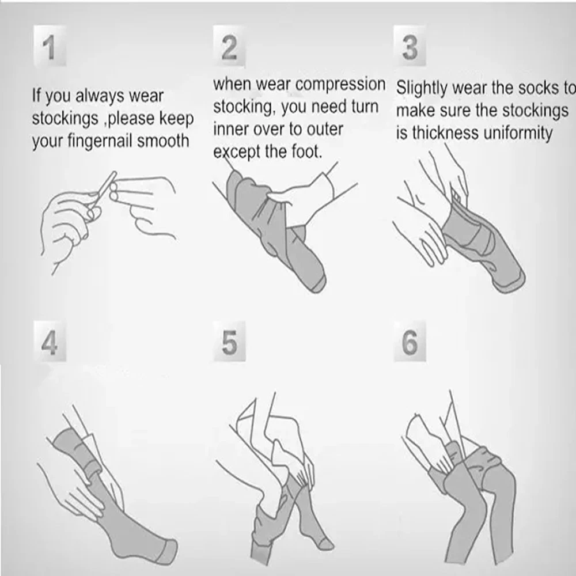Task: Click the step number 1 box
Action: (50, 46)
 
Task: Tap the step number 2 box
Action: (229, 46)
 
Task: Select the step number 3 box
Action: (410, 46)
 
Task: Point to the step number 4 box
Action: (50, 341)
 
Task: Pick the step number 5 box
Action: (229, 341)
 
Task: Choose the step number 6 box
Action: (410, 341)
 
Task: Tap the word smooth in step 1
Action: (163, 141)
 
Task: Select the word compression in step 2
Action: (340, 85)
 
